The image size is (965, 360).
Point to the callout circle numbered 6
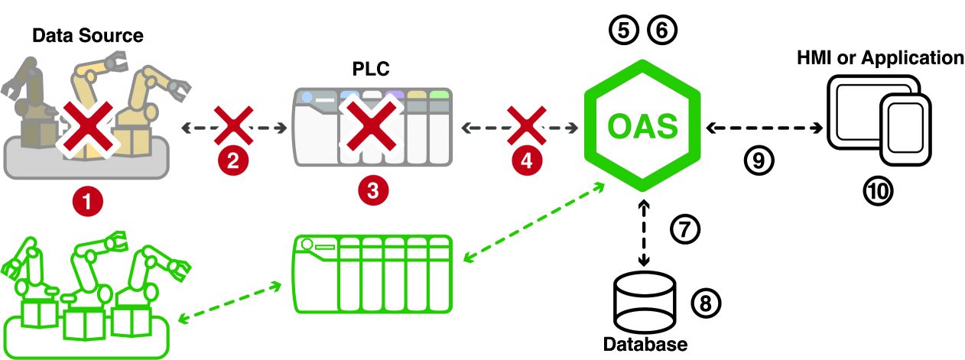661,31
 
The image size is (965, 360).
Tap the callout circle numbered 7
684,227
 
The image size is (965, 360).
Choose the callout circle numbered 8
706,303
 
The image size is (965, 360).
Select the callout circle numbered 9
758,159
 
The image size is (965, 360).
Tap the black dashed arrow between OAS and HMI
765,127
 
